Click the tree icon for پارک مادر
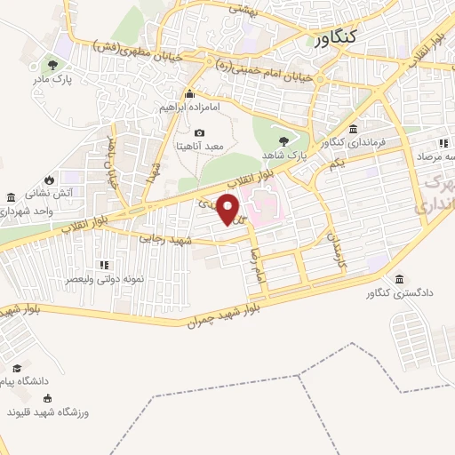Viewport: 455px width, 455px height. coord(52,65)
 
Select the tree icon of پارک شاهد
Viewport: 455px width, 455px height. coord(283,140)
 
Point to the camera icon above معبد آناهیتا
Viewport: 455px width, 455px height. coord(199,132)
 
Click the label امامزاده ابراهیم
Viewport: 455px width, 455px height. coord(188,107)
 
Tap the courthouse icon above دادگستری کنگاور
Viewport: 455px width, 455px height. coord(398,278)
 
